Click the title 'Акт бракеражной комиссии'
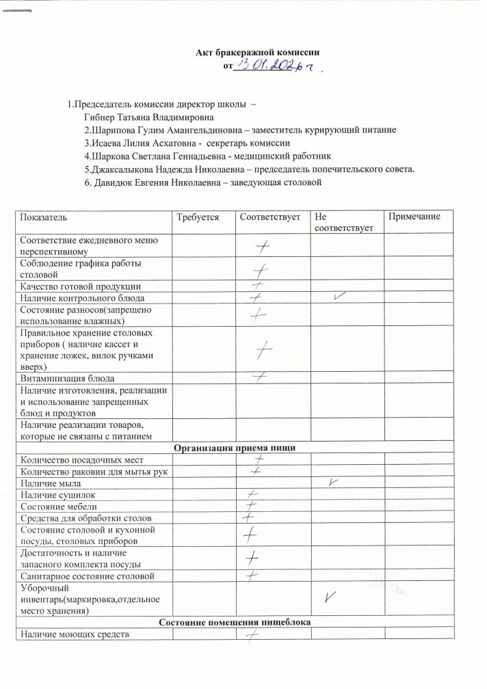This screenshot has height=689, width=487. click(x=259, y=52)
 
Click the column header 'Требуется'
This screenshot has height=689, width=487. click(x=197, y=217)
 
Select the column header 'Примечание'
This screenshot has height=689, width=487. click(x=414, y=217)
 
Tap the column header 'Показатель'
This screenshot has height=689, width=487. click(x=44, y=217)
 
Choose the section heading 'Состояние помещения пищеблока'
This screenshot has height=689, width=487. click(x=235, y=623)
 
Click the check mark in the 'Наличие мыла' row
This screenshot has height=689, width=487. click(x=334, y=482)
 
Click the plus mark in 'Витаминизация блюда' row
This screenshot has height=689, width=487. click(x=259, y=377)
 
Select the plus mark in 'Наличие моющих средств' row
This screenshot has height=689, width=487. click(x=252, y=636)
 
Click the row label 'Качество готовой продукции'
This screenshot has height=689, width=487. click(x=81, y=286)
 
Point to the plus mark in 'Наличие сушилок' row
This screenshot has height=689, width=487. click(x=253, y=494)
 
